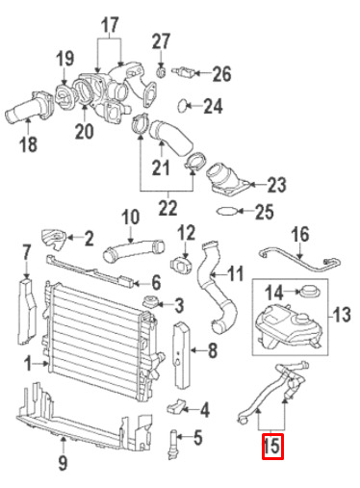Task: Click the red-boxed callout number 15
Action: (272, 446)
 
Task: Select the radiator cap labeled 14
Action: (309, 292)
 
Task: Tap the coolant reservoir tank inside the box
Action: (289, 327)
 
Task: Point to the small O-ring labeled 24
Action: (183, 106)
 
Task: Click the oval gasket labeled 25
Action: (227, 211)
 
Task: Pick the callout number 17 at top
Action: (110, 25)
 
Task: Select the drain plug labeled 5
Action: (172, 444)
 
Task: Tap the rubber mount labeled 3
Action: (149, 302)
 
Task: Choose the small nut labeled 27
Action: (161, 72)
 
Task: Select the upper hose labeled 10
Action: (133, 251)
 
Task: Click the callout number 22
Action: (167, 208)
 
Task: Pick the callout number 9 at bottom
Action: (63, 463)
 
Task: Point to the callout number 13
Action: (341, 315)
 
